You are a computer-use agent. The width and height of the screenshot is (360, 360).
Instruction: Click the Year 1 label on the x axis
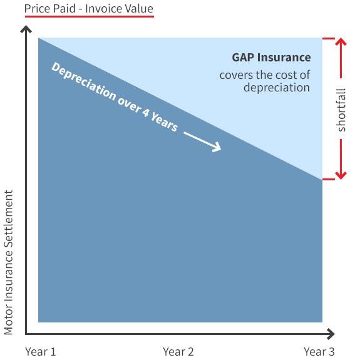click(41, 351)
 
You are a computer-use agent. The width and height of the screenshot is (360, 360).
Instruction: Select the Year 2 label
click(178, 351)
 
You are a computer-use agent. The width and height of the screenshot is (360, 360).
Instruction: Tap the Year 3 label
click(319, 351)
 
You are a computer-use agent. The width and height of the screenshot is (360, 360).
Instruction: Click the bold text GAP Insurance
click(271, 58)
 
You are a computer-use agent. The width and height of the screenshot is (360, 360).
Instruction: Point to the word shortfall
click(341, 110)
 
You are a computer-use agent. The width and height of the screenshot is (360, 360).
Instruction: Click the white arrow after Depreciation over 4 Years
click(202, 142)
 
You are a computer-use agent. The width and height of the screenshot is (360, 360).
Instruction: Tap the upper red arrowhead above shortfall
click(341, 41)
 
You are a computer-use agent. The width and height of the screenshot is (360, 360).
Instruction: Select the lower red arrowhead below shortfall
click(341, 175)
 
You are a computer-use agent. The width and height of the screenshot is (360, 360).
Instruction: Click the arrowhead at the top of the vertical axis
click(26, 29)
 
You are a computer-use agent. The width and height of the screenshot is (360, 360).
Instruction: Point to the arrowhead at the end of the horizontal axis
click(331, 334)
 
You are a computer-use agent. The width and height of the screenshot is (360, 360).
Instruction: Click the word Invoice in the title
click(101, 9)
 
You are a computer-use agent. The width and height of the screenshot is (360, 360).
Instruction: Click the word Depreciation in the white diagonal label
click(83, 81)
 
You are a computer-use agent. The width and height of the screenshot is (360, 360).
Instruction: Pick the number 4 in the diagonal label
click(145, 112)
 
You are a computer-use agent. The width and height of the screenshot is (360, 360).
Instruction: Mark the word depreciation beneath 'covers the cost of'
click(277, 88)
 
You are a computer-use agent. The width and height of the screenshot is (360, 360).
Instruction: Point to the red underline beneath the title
click(90, 16)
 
